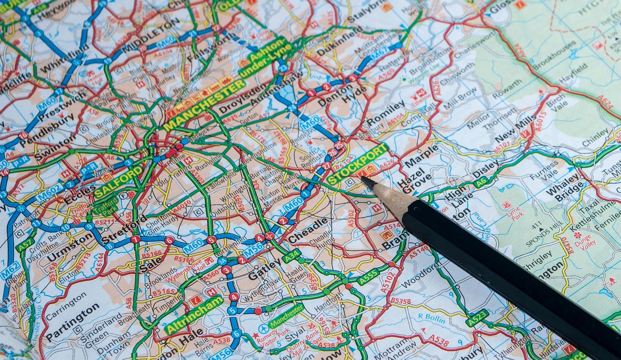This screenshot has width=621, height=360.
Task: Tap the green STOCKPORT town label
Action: [358, 164]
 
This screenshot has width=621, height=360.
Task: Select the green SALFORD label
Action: [118, 181]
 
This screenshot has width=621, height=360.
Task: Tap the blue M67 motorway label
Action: [379, 53]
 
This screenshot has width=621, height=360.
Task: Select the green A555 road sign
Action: [368, 277]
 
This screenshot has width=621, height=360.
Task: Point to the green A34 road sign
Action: [292, 256]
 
